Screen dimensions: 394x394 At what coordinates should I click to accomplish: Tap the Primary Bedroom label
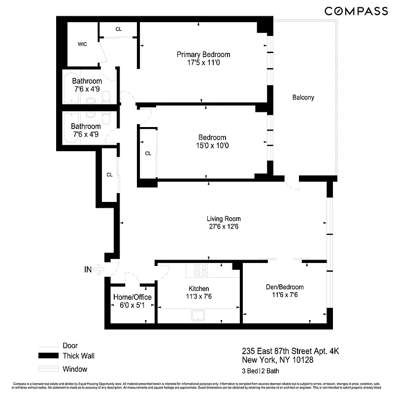click(x=203, y=55)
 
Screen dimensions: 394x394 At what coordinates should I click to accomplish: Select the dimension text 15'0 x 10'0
click(x=212, y=146)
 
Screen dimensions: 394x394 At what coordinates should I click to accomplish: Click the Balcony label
click(x=303, y=98)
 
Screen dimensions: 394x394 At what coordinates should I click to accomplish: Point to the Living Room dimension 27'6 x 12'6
click(x=223, y=227)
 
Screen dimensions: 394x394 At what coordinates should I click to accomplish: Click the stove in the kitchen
click(x=201, y=270)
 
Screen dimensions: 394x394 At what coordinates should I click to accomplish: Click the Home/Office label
click(x=132, y=297)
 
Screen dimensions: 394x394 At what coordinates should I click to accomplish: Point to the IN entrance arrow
click(x=98, y=269)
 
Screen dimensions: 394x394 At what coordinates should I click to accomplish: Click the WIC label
click(x=82, y=44)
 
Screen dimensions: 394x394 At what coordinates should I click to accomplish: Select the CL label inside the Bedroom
click(x=148, y=154)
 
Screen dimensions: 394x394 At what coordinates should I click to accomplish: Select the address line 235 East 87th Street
click(x=290, y=351)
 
